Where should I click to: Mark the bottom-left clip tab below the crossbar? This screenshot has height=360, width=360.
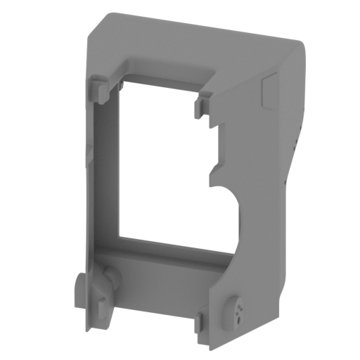(x=103, y=314)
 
